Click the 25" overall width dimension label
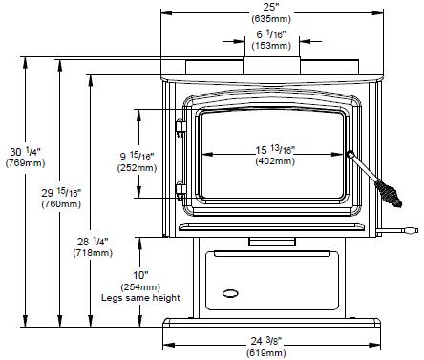(x=271, y=7)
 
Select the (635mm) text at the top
(x=271, y=19)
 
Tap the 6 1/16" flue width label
(x=271, y=33)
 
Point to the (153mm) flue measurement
(x=271, y=46)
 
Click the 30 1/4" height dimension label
(x=25, y=152)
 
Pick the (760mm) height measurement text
(x=61, y=204)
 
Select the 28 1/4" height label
(x=93, y=242)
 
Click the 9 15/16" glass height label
(x=137, y=156)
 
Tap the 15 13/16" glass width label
(x=275, y=149)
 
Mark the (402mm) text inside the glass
(x=275, y=161)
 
